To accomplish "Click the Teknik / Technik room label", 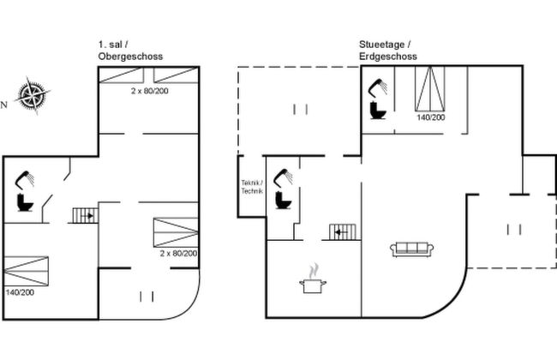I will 251,186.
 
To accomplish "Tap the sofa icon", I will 412,249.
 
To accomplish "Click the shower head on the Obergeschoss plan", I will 26,178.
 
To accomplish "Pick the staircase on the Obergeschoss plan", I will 84,215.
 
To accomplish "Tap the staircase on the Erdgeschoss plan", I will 344,231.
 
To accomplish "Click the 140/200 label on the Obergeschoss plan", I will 21,292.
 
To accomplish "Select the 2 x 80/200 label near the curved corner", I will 178,253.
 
